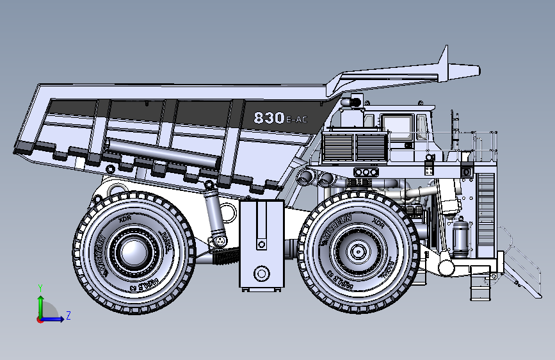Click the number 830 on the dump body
click(268, 118)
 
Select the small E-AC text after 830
click(297, 120)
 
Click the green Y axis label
click(40, 288)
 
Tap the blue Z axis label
click(68, 315)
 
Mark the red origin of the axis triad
click(40, 320)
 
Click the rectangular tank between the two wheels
click(261, 243)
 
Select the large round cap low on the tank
click(261, 274)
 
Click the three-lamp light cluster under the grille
click(366, 172)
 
